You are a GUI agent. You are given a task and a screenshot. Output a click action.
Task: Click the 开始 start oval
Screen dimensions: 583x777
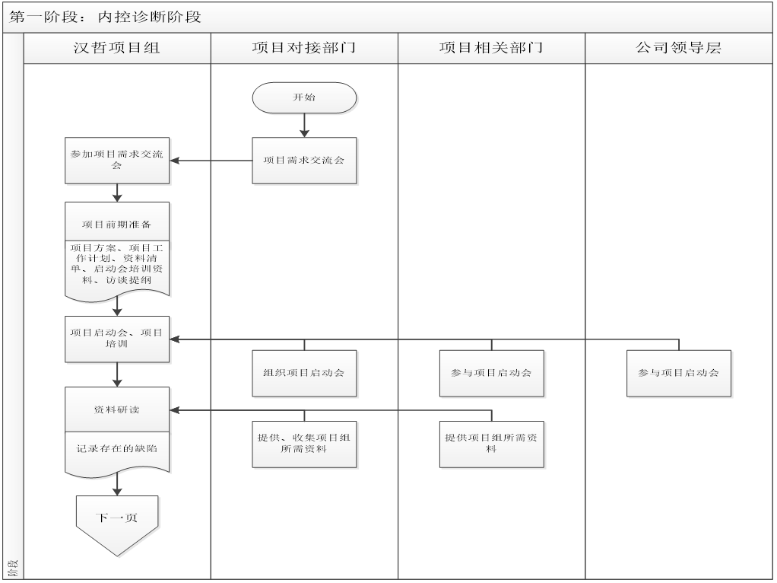click(x=304, y=97)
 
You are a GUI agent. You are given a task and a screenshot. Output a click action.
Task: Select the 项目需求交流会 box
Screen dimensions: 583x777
click(x=304, y=161)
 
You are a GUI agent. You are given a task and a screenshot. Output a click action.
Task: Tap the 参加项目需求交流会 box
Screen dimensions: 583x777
click(x=117, y=161)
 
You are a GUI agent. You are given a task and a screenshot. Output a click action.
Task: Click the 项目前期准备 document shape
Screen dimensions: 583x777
click(x=117, y=225)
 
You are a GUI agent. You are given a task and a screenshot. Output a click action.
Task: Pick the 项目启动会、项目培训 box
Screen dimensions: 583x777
click(x=117, y=339)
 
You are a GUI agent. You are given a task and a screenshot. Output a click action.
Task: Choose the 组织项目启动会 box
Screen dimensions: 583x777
click(x=304, y=373)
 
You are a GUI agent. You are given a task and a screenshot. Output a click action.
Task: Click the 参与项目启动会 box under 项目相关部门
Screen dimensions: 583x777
click(x=491, y=373)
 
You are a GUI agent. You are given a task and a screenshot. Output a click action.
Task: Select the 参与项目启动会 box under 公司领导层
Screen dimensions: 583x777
click(x=678, y=373)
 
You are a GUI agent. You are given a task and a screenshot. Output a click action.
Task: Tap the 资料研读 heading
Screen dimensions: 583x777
click(x=117, y=409)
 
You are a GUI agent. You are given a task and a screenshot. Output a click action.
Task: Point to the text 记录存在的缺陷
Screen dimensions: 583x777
click(x=117, y=448)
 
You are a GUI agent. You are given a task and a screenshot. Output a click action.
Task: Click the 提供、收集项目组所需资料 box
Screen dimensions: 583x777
click(x=304, y=444)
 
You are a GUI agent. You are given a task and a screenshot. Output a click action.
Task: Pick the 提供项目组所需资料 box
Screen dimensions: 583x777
click(x=491, y=444)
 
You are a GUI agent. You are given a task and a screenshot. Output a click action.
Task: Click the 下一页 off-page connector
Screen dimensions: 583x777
click(x=117, y=521)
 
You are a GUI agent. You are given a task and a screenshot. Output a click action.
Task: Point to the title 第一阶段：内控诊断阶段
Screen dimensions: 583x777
click(x=106, y=17)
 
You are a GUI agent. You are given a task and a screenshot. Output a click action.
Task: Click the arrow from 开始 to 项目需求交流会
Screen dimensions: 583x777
click(x=304, y=125)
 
